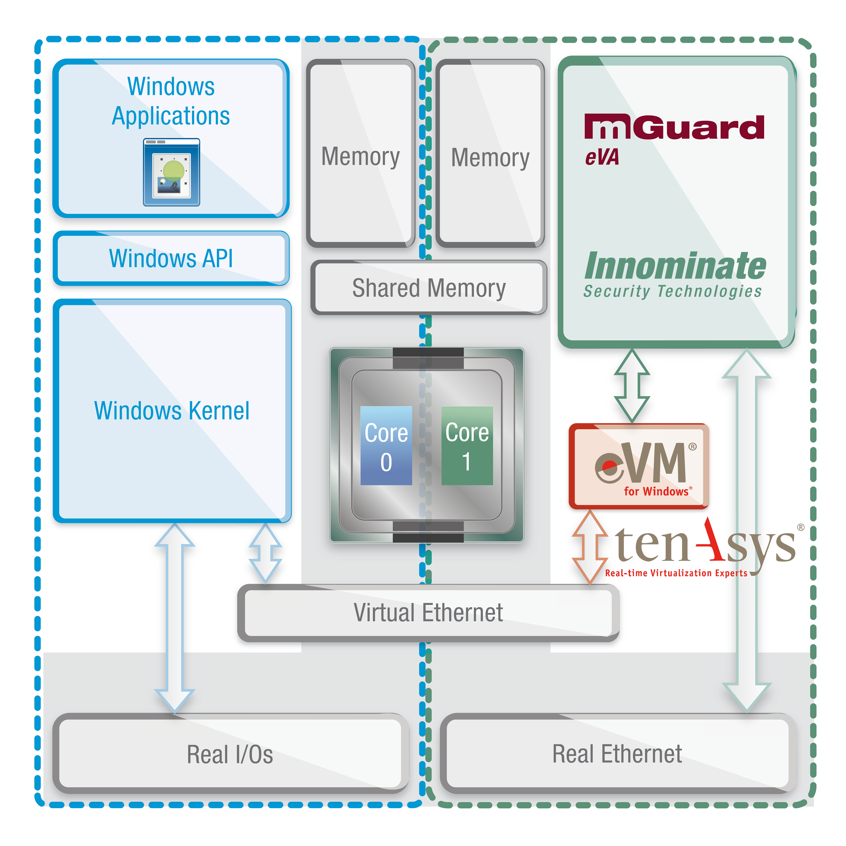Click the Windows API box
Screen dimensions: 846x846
tap(171, 258)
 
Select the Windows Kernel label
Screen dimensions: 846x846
tap(172, 411)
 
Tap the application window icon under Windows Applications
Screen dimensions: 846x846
tap(171, 172)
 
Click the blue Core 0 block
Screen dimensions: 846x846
tap(386, 445)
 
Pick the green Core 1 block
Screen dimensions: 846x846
tap(467, 445)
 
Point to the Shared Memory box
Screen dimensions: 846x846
tap(429, 288)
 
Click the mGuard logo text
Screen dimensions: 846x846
tap(674, 127)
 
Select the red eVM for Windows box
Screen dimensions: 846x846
tap(639, 466)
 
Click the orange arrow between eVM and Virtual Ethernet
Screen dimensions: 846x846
tap(590, 547)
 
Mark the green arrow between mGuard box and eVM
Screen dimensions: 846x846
tap(632, 386)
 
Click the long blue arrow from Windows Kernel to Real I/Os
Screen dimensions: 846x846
tap(174, 618)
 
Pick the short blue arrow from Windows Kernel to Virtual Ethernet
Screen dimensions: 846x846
tap(265, 553)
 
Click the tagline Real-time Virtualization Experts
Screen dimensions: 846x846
tap(676, 573)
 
